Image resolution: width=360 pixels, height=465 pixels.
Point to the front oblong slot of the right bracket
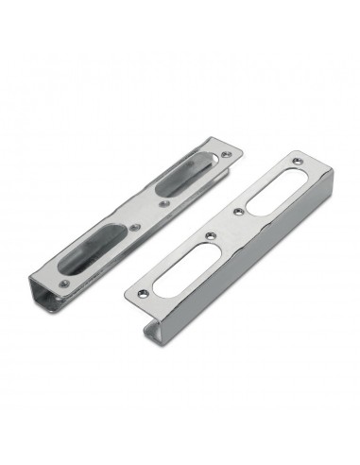pos(173,277)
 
